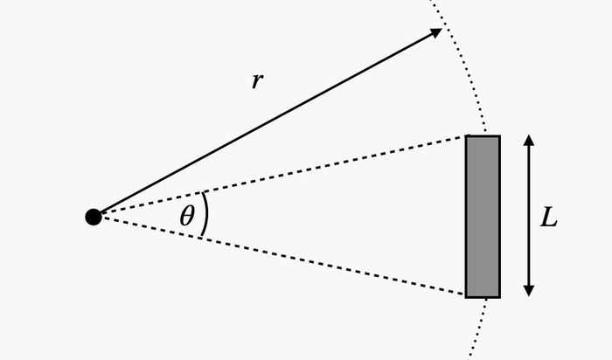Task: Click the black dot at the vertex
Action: coord(94,217)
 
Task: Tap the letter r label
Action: coord(257,80)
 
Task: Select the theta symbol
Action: coord(187,216)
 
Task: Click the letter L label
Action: coord(548,218)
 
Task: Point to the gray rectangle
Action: coord(483,217)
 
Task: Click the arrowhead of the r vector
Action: coord(436,32)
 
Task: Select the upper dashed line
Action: coord(284,175)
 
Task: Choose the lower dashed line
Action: coord(284,256)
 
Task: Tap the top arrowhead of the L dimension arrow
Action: coord(529,140)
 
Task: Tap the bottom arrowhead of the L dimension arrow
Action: coord(529,291)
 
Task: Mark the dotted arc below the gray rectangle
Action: coord(479,328)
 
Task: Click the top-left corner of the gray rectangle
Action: coord(465,135)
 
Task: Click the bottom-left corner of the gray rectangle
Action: coord(465,298)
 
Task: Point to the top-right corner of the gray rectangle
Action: coord(500,135)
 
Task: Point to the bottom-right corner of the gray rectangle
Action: coord(500,298)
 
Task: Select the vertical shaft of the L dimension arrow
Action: coord(529,216)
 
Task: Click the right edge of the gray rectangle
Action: coord(500,217)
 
